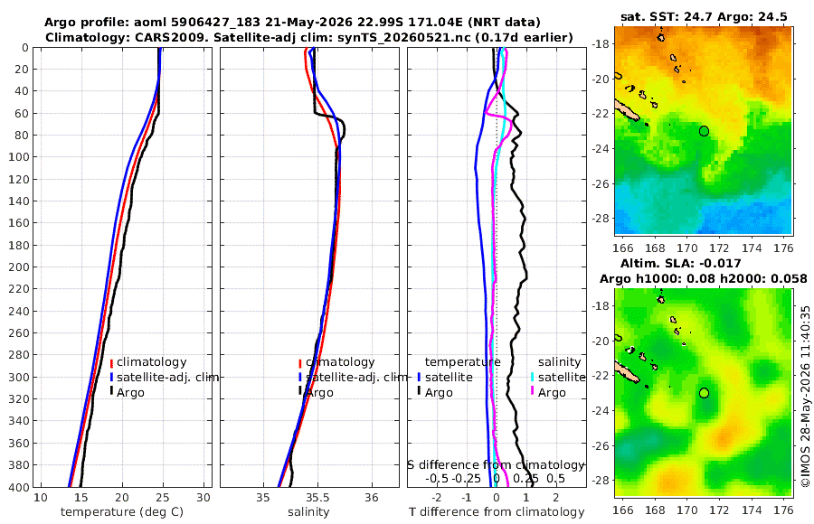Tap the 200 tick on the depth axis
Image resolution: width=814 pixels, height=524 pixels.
pos(19,267)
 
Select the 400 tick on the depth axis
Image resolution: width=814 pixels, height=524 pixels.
pos(19,487)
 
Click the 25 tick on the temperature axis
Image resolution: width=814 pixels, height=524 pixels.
pos(163,498)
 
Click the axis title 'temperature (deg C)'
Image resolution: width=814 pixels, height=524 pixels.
pos(122,512)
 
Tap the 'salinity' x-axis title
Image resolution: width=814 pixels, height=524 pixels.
pos(308,512)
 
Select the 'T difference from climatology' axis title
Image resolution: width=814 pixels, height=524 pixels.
pos(497,512)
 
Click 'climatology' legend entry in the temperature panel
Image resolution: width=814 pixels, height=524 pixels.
pos(151,362)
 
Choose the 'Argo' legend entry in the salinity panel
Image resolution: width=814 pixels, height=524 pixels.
pos(320,392)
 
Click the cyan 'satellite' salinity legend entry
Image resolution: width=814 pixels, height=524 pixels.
pos(562,377)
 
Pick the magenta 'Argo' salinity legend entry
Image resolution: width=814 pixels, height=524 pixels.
pos(552,392)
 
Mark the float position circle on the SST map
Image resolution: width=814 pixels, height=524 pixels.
pos(704,131)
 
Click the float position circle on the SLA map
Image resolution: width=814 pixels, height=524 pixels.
pos(704,393)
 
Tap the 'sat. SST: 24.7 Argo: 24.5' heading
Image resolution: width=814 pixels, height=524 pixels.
pos(704,16)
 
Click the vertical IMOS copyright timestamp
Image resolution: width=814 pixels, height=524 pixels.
pos(806,396)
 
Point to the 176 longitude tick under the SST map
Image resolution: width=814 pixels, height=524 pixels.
pos(784,248)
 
